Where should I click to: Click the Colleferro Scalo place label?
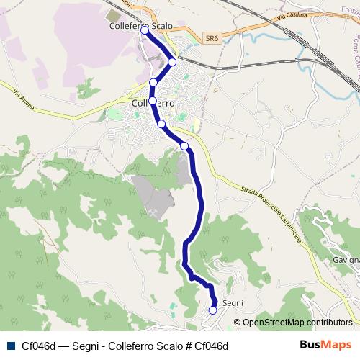(x=142, y=26)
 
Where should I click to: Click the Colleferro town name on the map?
(x=155, y=103)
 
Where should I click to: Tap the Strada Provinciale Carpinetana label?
(x=266, y=209)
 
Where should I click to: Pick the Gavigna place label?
(x=346, y=259)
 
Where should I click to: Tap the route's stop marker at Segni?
(x=213, y=310)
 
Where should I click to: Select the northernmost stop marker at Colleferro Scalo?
(x=145, y=30)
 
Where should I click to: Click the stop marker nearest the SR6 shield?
(x=172, y=62)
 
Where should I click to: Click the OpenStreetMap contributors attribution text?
(x=297, y=323)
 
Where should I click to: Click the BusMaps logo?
(x=325, y=345)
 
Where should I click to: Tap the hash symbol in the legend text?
(x=184, y=346)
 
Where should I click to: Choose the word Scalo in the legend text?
(x=165, y=346)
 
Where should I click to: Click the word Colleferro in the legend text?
(x=129, y=346)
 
